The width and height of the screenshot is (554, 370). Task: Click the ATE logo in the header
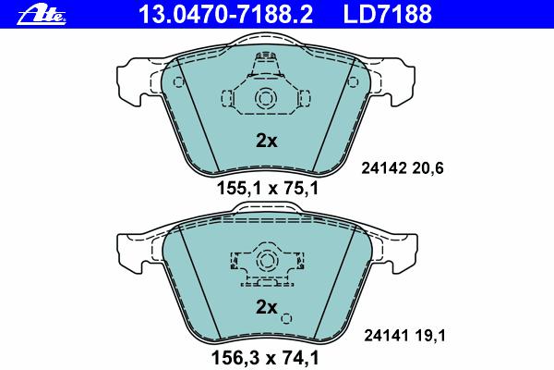[x=42, y=16]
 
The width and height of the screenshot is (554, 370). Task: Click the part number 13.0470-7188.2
[x=226, y=15]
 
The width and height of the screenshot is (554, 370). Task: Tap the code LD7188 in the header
[x=388, y=15]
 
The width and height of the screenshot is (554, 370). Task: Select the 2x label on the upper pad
[x=267, y=141]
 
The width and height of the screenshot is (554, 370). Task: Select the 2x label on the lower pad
[x=267, y=307]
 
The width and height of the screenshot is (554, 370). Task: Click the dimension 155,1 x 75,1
[x=268, y=188]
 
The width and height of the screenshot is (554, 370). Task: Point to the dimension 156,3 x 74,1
[x=265, y=357]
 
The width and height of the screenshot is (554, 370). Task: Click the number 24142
[x=384, y=168]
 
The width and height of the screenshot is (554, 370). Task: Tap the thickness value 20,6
[x=428, y=168]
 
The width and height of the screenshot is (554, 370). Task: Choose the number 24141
[x=386, y=335]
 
